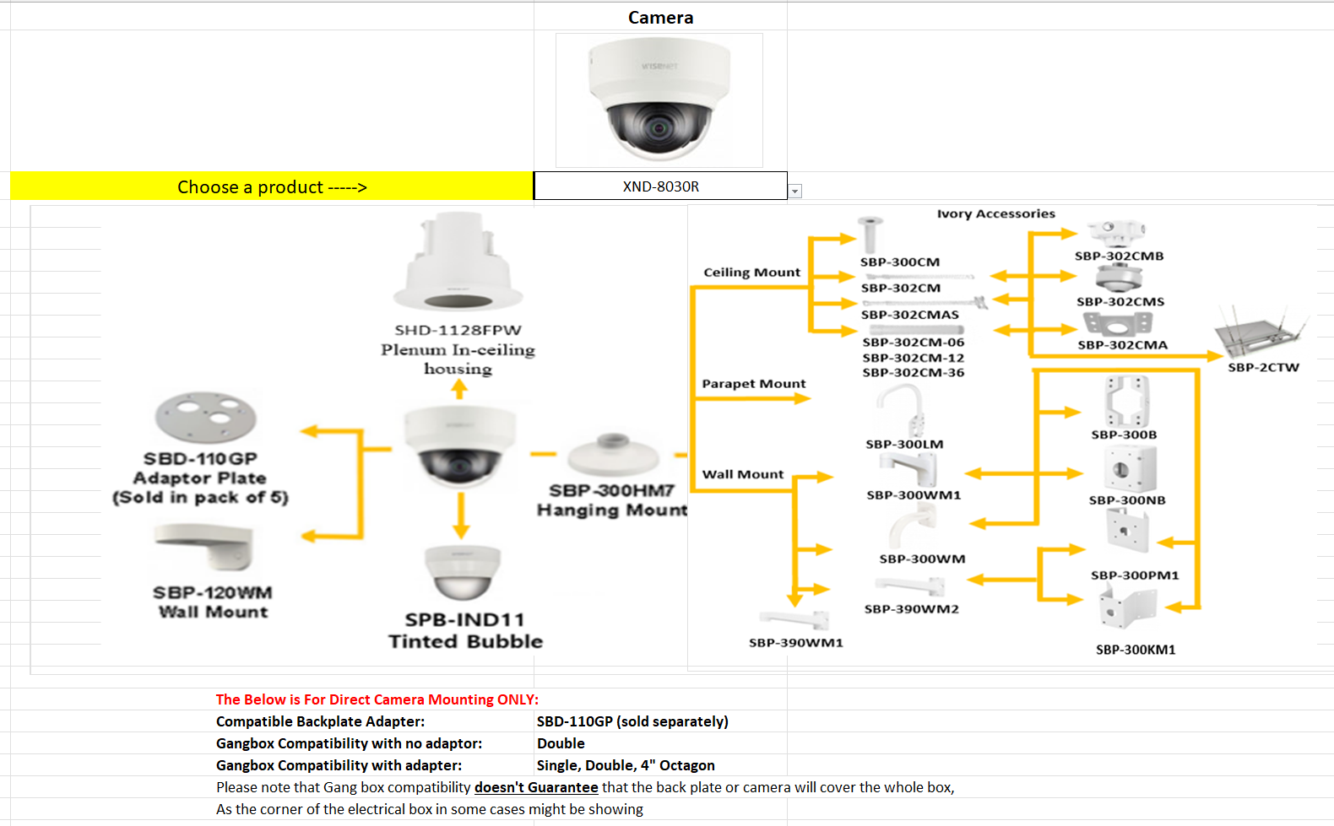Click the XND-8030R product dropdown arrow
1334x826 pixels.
click(794, 192)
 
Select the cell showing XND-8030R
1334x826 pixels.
click(660, 186)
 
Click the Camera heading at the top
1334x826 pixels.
click(660, 18)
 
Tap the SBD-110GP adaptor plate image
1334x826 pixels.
click(205, 417)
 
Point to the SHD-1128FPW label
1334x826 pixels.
click(458, 330)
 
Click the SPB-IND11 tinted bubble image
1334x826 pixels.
click(462, 572)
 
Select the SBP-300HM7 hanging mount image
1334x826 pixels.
click(612, 456)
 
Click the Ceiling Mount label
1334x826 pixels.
click(751, 273)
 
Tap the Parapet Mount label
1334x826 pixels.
click(753, 384)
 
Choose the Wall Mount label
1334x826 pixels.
click(743, 474)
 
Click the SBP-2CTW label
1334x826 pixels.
click(1263, 367)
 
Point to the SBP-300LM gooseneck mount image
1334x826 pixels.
click(903, 409)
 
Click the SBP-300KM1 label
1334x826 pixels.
click(1136, 650)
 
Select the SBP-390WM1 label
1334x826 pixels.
click(795, 643)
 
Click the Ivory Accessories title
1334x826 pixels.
click(995, 214)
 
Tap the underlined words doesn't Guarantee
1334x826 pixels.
click(536, 787)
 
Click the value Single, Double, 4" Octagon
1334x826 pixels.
click(626, 765)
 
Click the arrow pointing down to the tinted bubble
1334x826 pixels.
click(460, 515)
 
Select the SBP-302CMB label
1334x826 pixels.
click(1119, 256)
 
